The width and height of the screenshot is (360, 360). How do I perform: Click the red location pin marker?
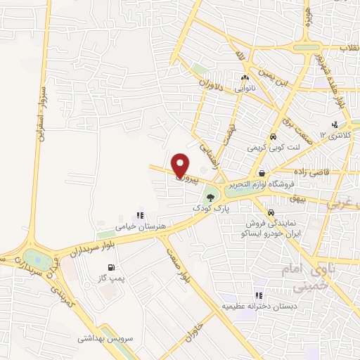pos(181,165)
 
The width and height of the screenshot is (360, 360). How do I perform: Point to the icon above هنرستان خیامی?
pos(139,215)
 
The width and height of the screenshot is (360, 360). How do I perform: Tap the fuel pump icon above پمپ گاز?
pos(111,267)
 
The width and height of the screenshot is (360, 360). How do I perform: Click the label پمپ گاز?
pos(111,278)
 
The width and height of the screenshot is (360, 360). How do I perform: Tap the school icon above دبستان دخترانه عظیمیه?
pos(259,296)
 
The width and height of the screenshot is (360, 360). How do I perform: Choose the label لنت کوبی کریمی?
pos(272,148)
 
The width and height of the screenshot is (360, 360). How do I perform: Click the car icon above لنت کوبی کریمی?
pos(273,138)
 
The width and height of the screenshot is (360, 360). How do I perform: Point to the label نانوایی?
pos(245,89)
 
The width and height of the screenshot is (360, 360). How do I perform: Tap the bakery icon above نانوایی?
pos(245,78)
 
